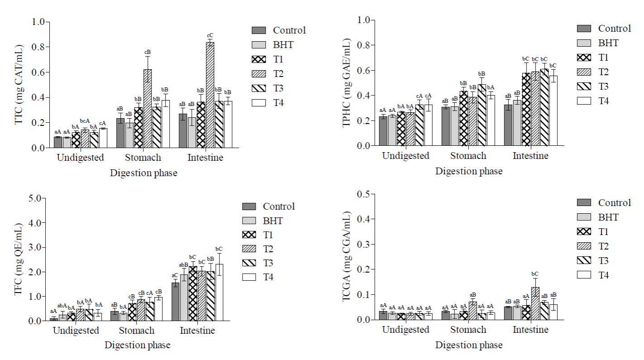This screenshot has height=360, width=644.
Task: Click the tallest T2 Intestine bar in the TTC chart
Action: tap(210, 95)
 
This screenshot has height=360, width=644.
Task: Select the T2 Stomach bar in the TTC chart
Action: tap(148, 109)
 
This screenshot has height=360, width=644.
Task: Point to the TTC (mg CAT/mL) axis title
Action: tap(19, 85)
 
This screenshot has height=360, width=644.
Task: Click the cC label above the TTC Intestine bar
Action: tap(210, 36)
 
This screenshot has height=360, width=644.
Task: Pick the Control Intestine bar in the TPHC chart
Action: tap(508, 125)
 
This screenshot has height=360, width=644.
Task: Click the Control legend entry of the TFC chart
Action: tap(278, 206)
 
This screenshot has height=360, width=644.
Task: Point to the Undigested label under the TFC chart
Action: tap(76, 331)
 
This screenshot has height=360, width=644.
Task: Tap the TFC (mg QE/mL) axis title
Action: tap(19, 259)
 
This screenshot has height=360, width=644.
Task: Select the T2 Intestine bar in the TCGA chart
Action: tap(535, 303)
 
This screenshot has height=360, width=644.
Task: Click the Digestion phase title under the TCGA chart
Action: tap(469, 345)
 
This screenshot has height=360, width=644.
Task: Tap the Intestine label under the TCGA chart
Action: tap(530, 330)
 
